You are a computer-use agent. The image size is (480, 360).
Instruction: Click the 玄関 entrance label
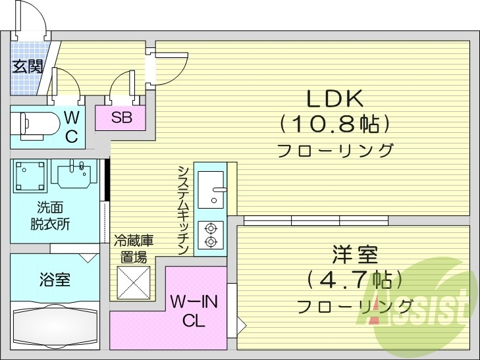pos(28,66)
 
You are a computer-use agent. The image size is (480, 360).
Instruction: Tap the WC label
pos(72,127)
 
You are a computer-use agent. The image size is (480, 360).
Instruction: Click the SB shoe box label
pos(120,118)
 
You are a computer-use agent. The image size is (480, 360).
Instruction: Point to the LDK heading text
pos(334,99)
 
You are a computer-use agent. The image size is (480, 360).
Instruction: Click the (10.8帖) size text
pos(335,123)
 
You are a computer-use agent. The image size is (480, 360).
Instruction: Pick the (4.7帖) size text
pos(354,280)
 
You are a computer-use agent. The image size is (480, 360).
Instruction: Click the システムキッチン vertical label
pos(184,209)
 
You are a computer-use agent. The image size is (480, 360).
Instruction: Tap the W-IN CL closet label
pos(194,311)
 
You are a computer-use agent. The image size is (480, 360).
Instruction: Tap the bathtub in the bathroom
pos(54,324)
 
